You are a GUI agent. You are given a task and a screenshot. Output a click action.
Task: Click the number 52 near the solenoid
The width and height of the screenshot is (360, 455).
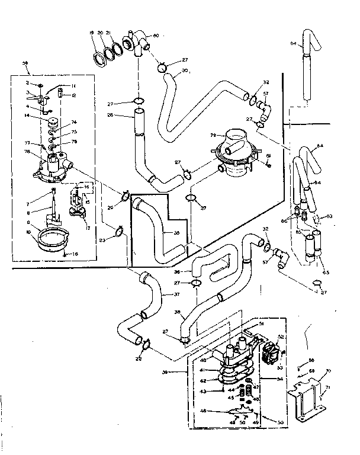coord(281,337)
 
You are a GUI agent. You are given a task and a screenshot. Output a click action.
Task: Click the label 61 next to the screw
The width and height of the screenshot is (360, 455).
coord(269,156)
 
